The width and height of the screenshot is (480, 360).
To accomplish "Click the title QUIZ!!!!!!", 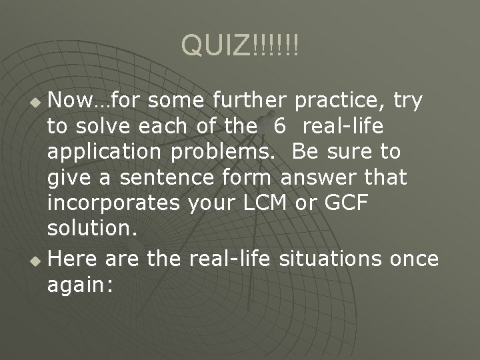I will point(240,45).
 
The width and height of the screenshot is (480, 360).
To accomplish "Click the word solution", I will point(92,229).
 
